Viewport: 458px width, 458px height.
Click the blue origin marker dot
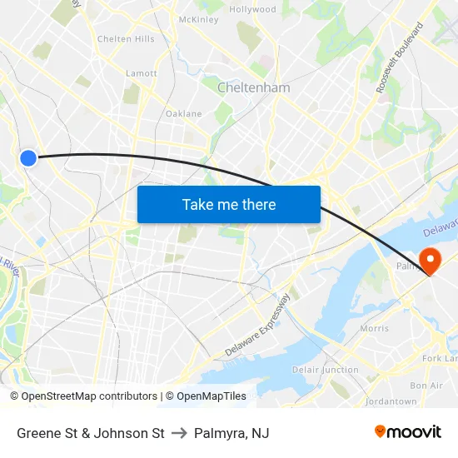pos(28,157)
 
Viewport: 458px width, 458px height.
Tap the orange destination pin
pos(431,260)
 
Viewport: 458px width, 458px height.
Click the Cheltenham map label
pos(253,87)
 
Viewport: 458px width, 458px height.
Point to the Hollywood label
pos(252,10)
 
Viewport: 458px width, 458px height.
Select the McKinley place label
pos(198,19)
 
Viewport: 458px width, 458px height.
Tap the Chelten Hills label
pos(126,39)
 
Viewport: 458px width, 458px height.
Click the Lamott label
pos(141,73)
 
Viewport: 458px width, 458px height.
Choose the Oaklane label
pos(183,113)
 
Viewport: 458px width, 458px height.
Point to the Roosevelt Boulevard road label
pos(400,57)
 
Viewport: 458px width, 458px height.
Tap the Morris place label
pos(374,329)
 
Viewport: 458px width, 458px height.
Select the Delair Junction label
pos(325,370)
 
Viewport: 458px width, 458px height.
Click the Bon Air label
pos(426,386)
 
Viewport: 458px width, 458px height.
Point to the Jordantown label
pos(391,401)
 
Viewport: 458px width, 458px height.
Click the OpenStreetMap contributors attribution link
pos(89,396)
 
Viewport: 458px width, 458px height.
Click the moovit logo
pos(408,431)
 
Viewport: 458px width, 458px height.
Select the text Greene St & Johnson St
pos(91,433)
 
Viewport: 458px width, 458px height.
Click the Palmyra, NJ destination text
pos(231,433)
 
